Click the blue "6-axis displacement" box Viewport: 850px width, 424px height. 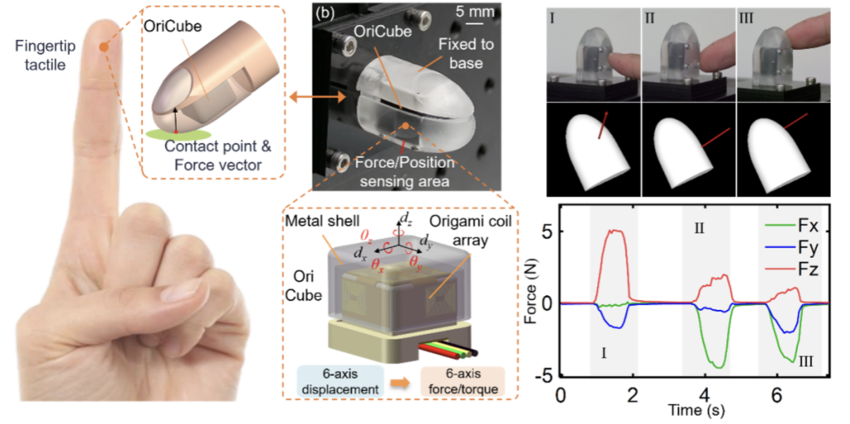pyautogui.click(x=341, y=381)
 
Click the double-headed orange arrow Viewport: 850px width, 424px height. pyautogui.click(x=317, y=98)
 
